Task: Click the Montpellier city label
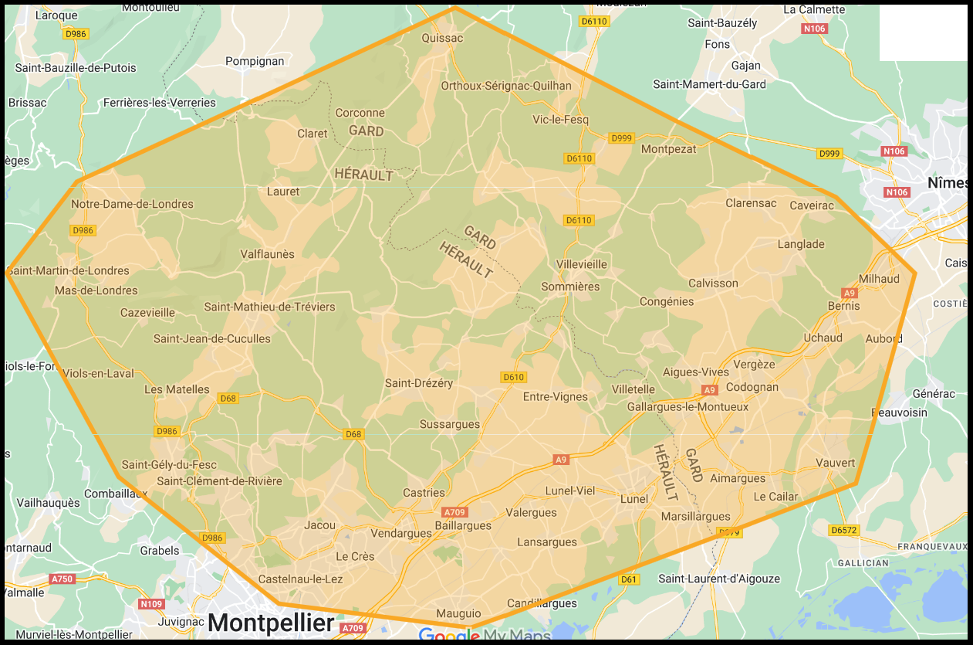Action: click(x=271, y=622)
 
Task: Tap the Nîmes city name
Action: click(x=948, y=184)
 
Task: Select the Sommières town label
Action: click(x=570, y=287)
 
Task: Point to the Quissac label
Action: click(x=442, y=38)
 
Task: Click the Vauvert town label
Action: click(x=836, y=463)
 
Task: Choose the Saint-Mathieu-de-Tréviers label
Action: click(x=269, y=307)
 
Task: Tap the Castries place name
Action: click(x=424, y=493)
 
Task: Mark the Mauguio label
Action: click(x=458, y=613)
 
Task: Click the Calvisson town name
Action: click(x=713, y=283)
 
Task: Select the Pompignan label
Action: click(x=255, y=61)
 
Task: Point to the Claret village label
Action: click(x=313, y=134)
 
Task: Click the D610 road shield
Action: click(x=513, y=377)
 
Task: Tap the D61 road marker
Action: click(x=629, y=579)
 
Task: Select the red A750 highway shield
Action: click(x=62, y=579)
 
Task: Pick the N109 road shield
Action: click(x=151, y=603)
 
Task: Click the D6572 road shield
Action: click(x=843, y=530)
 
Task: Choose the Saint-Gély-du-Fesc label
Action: click(x=169, y=465)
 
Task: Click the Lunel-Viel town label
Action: click(x=570, y=491)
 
